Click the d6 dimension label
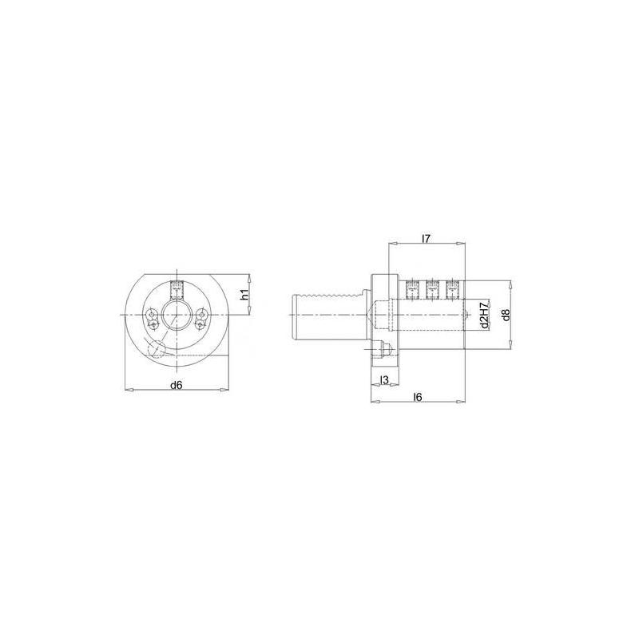point(177,385)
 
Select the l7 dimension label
point(426,237)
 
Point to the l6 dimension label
point(419,397)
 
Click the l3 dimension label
point(384,379)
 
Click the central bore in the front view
point(177,314)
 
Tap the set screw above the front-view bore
point(177,288)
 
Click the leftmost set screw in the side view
point(413,289)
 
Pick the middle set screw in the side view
point(432,289)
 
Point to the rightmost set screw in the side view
point(452,289)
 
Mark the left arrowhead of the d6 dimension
point(127,390)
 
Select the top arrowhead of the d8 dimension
point(510,283)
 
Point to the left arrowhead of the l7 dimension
point(391,243)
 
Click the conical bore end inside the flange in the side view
point(376,313)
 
